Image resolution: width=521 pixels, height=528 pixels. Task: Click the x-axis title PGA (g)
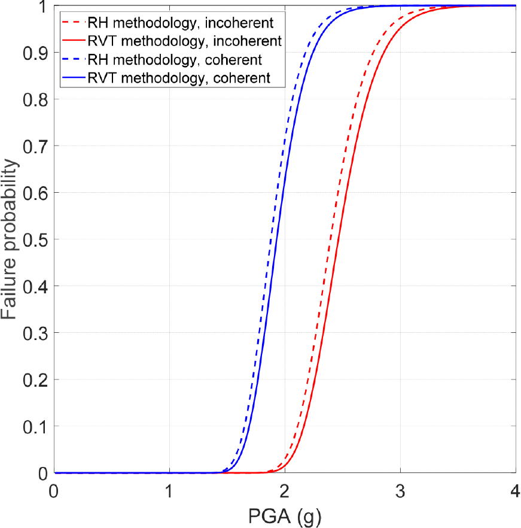tap(285, 514)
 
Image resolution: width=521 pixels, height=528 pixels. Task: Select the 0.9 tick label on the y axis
tap(35, 52)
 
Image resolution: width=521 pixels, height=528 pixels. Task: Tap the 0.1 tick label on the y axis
tap(35, 426)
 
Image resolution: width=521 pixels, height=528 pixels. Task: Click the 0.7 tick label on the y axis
tap(35, 145)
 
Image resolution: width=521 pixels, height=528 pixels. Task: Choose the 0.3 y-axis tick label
tap(35, 333)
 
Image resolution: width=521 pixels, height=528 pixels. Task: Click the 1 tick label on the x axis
tap(169, 488)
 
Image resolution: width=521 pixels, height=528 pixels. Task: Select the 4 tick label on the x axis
tap(515, 488)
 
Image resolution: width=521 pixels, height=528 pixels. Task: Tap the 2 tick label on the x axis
tap(285, 488)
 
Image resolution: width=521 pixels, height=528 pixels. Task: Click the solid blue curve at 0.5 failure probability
tap(273, 239)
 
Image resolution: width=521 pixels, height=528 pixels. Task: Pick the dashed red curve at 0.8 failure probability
tap(358, 99)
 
